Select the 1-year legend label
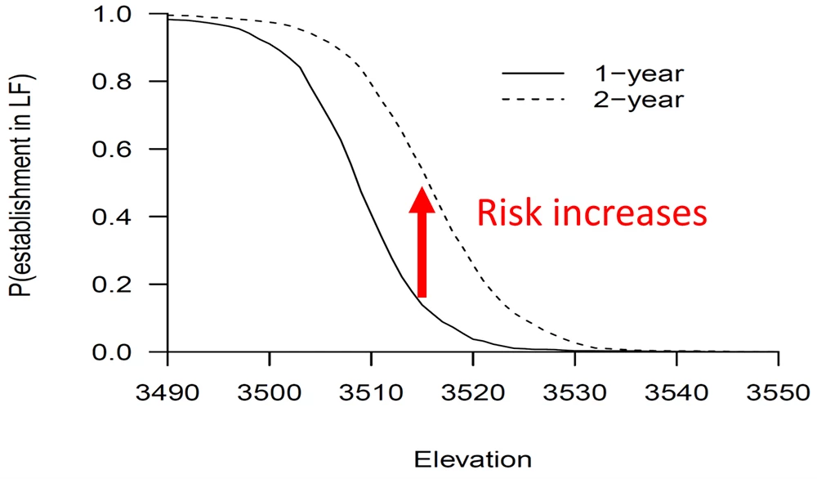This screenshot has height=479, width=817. point(638,74)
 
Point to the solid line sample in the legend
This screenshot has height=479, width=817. point(533,74)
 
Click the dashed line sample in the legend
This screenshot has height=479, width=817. point(533,100)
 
